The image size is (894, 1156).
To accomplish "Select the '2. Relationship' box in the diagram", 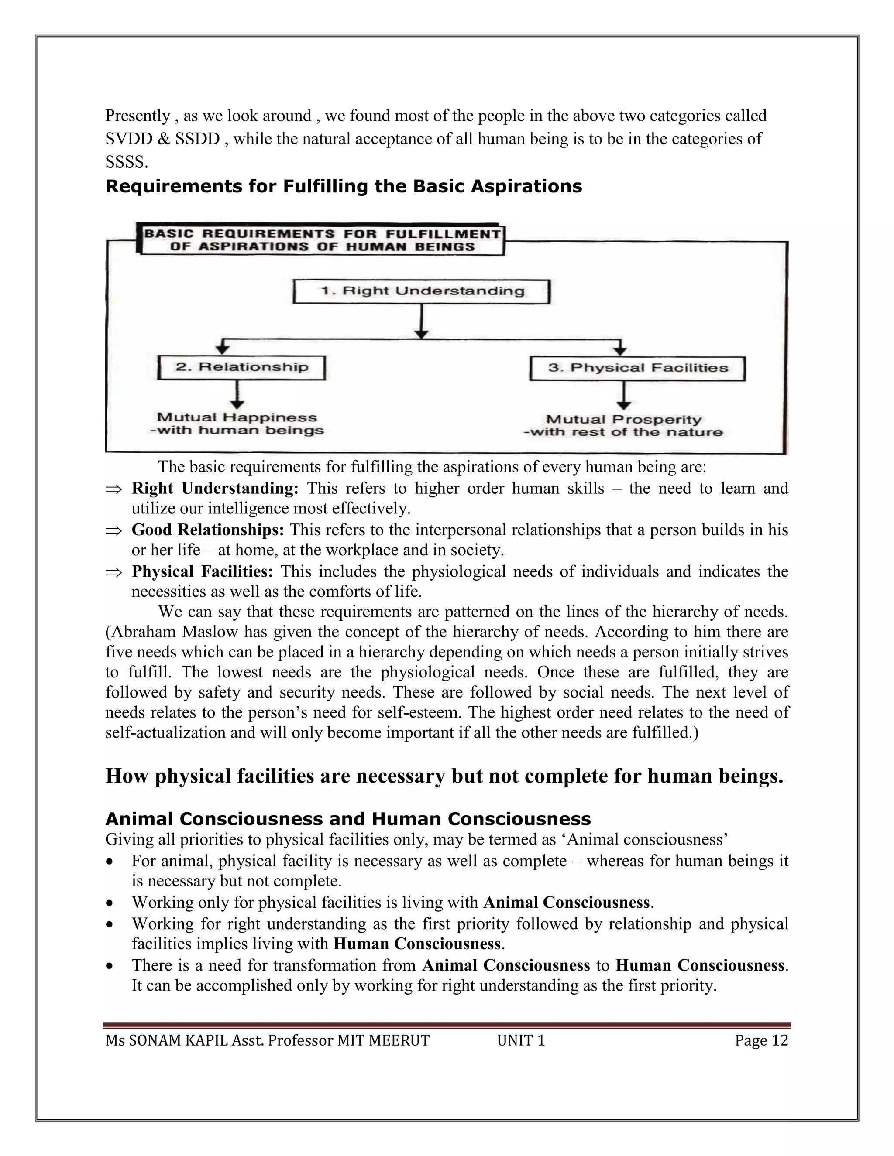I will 241,367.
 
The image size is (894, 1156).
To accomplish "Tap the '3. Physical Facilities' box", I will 637,369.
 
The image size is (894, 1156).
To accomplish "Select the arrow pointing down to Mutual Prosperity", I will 624,396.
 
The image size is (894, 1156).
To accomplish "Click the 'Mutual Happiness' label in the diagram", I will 237,417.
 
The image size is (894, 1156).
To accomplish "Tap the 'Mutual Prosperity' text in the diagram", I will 623,420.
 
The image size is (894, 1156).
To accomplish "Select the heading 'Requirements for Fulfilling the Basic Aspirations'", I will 343,186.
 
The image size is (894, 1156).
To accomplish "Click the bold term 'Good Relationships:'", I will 208,530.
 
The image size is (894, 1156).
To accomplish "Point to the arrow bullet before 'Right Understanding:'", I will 113,489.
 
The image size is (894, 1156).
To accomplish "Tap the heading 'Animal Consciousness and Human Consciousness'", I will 348,819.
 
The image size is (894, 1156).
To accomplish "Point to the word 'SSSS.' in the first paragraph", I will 127,162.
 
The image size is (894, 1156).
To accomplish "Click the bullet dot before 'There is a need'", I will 109,966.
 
